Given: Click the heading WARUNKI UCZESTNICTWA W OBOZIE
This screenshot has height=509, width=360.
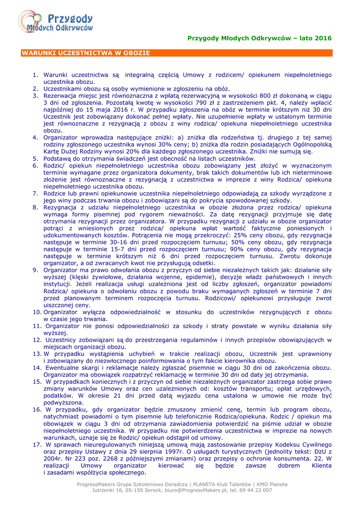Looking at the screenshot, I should [x=86, y=52].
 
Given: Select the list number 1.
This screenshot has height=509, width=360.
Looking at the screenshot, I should [x=35, y=75].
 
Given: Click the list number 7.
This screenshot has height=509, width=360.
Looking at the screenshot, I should [x=35, y=193].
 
